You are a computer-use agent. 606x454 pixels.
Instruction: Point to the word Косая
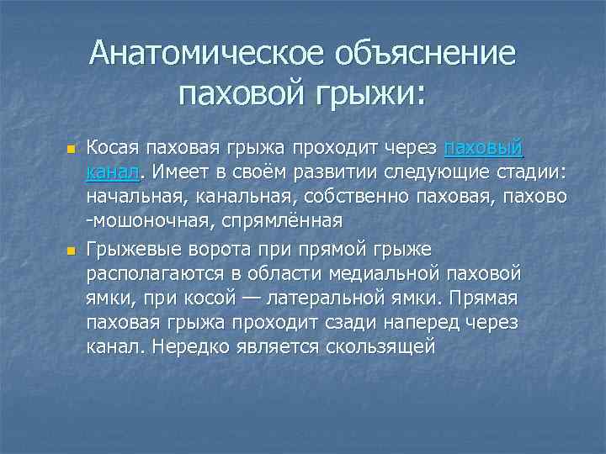pyautogui.click(x=113, y=149)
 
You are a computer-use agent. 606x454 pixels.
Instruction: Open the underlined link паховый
pyautogui.click(x=484, y=149)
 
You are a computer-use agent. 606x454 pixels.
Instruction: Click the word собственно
pyautogui.click(x=369, y=198)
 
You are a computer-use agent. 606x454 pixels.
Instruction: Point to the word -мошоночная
pyautogui.click(x=143, y=222)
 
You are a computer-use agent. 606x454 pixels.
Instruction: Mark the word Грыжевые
pyautogui.click(x=135, y=249)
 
